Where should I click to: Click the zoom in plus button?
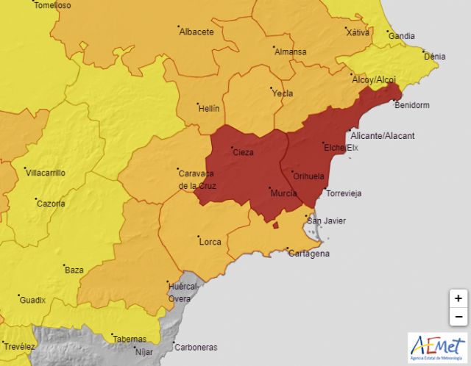pyautogui.click(x=458, y=298)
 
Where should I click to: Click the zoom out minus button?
pyautogui.click(x=458, y=317)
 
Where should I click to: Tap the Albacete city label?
pyautogui.click(x=196, y=32)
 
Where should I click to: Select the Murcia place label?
pyautogui.click(x=283, y=193)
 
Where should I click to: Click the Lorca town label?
pyautogui.click(x=210, y=241)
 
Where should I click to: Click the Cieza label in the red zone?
pyautogui.click(x=243, y=153)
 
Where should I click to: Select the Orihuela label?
pyautogui.click(x=308, y=176)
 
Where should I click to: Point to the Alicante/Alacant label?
pyautogui.click(x=383, y=136)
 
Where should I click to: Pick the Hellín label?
pyautogui.click(x=209, y=108)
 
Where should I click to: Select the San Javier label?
pyautogui.click(x=326, y=221)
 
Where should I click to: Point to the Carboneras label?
pyautogui.click(x=196, y=347)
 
